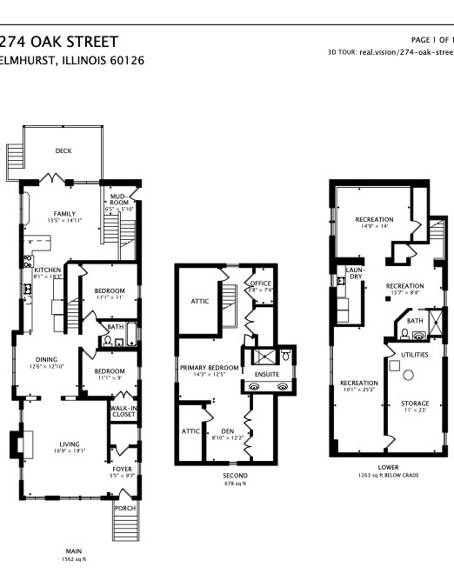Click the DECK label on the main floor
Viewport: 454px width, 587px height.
pos(63,150)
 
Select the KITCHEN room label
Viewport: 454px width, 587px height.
pos(47,270)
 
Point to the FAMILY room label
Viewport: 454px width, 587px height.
pos(64,214)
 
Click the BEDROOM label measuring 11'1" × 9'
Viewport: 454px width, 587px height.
pos(110,370)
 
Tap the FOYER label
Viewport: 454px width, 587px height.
pos(122,469)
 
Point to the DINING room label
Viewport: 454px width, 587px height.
pos(47,358)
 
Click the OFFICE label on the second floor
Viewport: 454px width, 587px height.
pos(260,283)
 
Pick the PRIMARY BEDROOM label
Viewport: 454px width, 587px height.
pos(209,368)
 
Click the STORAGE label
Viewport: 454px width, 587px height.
pos(415,404)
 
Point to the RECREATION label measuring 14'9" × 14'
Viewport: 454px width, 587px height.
pos(374,219)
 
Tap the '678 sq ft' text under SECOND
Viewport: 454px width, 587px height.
pos(235,485)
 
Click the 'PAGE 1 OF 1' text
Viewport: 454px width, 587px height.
pos(431,40)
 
